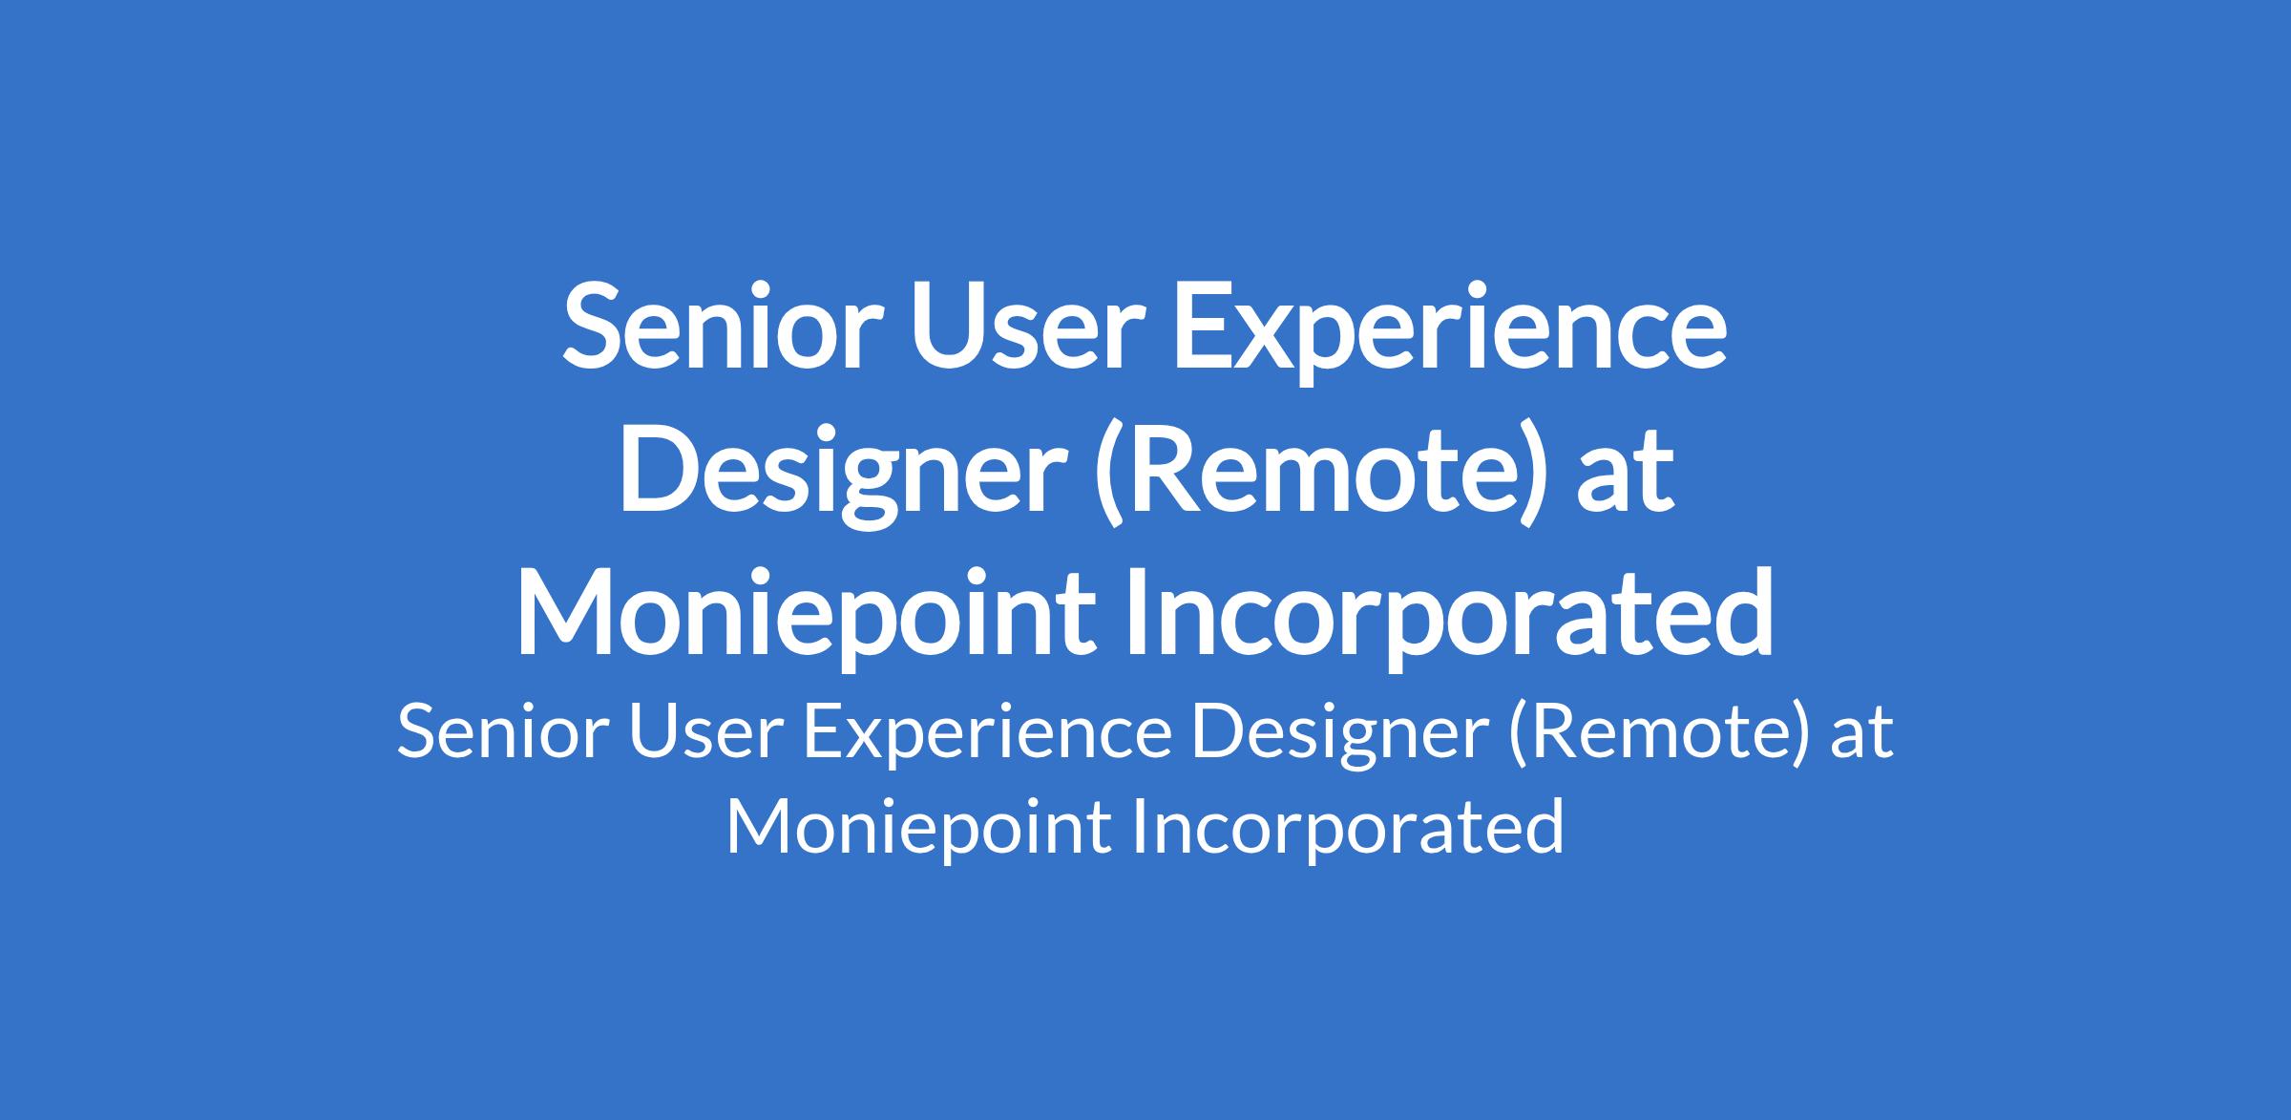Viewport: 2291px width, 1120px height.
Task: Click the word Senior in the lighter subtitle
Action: coord(502,732)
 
